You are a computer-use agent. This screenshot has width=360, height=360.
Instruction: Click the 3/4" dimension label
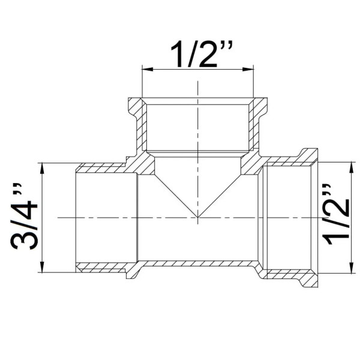click(24, 216)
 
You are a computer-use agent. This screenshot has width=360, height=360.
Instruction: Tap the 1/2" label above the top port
click(202, 54)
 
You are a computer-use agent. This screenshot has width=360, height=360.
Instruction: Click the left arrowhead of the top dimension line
click(148, 69)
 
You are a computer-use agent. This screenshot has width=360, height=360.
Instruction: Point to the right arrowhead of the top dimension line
click(248, 69)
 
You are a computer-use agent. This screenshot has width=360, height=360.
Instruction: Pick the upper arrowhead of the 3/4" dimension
click(42, 168)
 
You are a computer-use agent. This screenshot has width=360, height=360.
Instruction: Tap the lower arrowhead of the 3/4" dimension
click(42, 267)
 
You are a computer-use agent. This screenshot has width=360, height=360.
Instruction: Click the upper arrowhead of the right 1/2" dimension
click(351, 167)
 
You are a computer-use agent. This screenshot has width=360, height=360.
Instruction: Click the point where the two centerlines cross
click(197, 217)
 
